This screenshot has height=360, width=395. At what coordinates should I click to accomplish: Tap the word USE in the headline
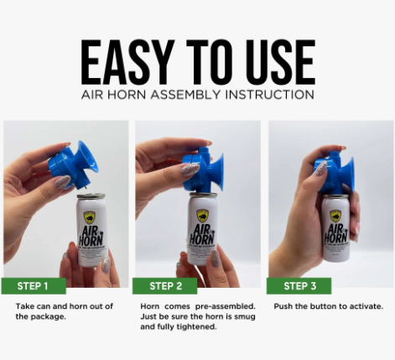pyautogui.click(x=282, y=62)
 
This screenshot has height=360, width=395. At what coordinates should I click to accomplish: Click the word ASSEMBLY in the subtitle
pyautogui.click(x=186, y=95)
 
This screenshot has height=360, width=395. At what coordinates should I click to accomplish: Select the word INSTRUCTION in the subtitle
pyautogui.click(x=269, y=95)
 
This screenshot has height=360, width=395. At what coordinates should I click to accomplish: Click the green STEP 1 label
pyautogui.click(x=34, y=286)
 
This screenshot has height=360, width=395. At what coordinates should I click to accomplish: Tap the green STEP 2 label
pyautogui.click(x=165, y=286)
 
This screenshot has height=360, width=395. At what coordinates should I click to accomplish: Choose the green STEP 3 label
pyautogui.click(x=299, y=286)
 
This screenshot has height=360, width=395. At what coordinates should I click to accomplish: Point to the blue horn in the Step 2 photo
pyautogui.click(x=203, y=170)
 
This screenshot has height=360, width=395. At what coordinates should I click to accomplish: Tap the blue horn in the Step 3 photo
pyautogui.click(x=334, y=174)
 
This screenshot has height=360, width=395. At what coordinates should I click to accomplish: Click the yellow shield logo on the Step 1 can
pyautogui.click(x=89, y=217)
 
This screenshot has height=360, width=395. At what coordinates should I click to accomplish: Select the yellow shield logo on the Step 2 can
pyautogui.click(x=202, y=216)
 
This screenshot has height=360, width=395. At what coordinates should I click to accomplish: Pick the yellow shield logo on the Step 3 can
pyautogui.click(x=335, y=217)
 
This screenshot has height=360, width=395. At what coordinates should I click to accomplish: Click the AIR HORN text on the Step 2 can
pyautogui.click(x=202, y=234)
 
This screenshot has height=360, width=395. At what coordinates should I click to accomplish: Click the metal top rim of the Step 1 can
pyautogui.click(x=91, y=196)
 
